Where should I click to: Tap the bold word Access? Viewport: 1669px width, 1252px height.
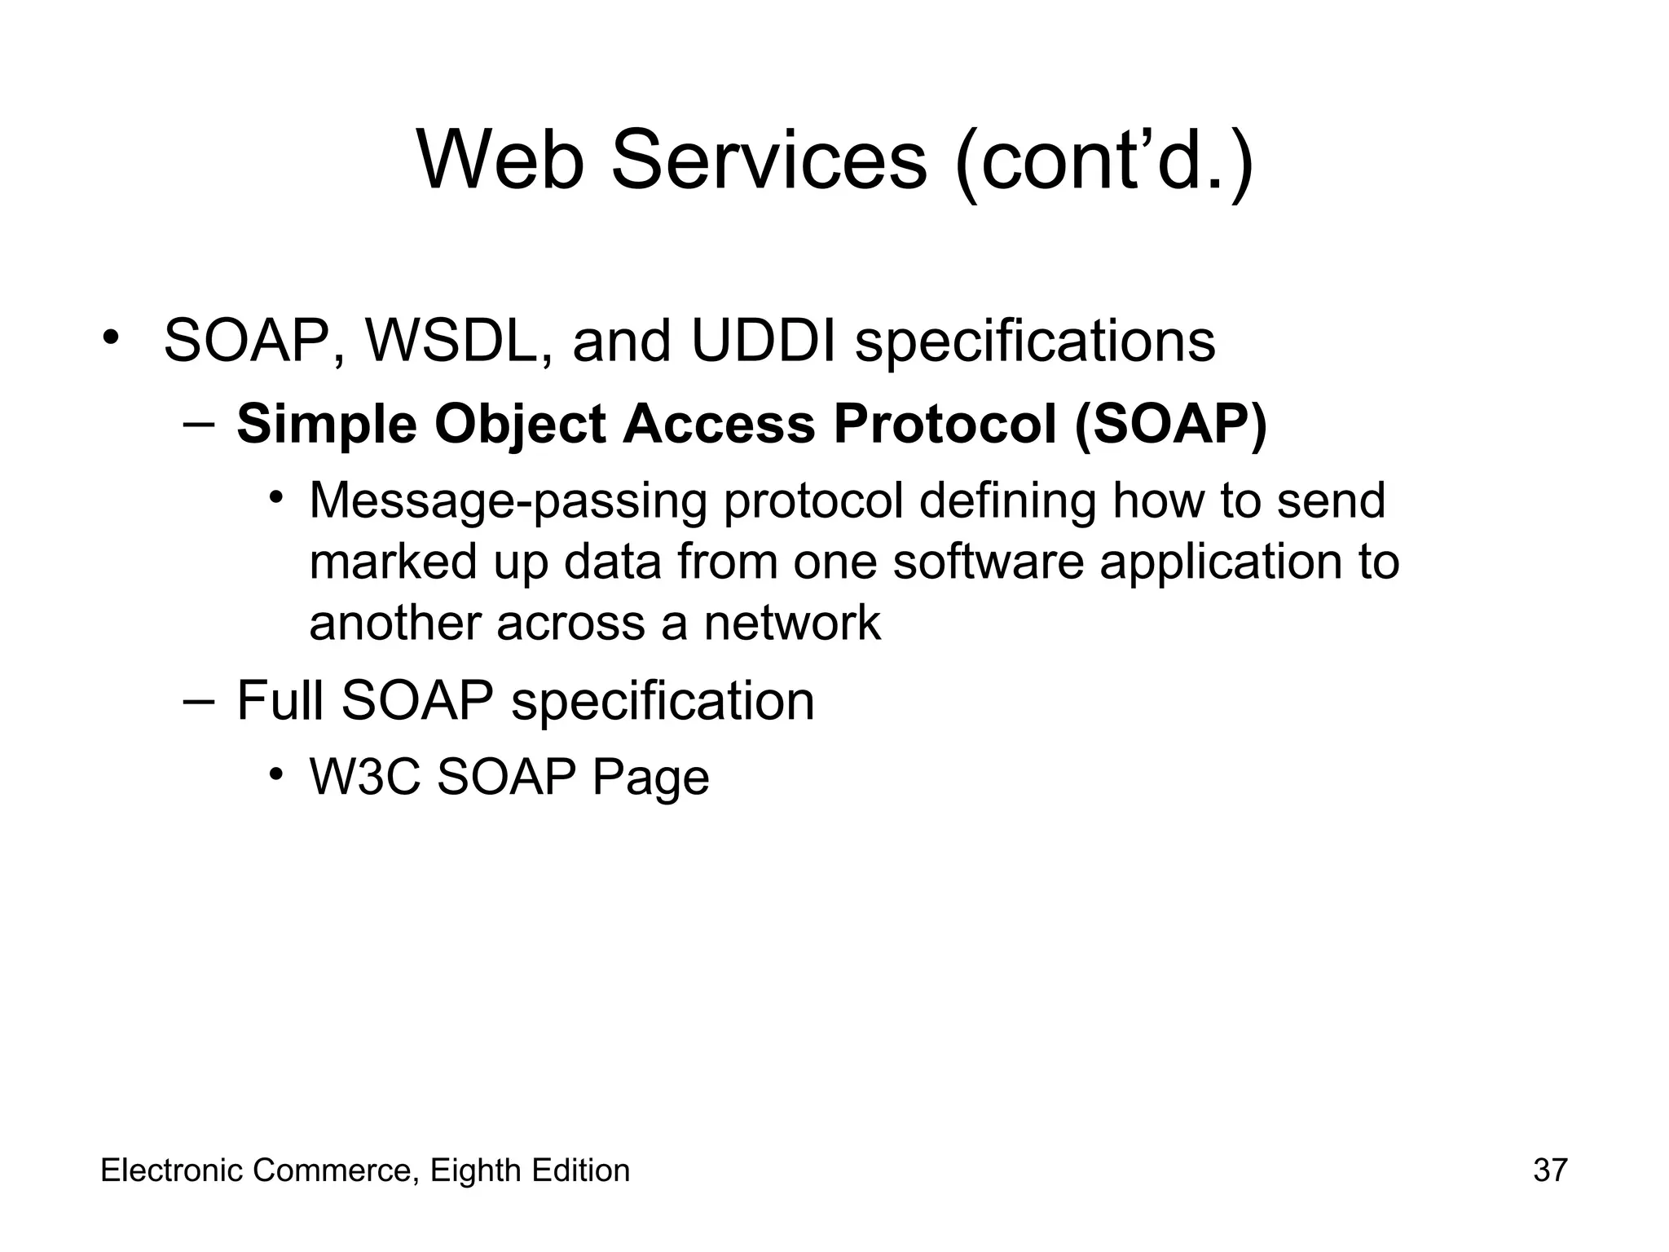pyautogui.click(x=718, y=425)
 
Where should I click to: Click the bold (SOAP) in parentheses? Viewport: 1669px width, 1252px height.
pyautogui.click(x=1170, y=425)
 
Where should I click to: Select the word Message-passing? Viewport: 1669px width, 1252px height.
pyautogui.click(x=508, y=501)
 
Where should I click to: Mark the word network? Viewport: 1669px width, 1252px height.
pyautogui.click(x=792, y=624)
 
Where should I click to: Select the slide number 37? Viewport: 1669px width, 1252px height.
pyautogui.click(x=1550, y=1170)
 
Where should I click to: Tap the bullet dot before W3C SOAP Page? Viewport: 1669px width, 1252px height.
pyautogui.click(x=277, y=772)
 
